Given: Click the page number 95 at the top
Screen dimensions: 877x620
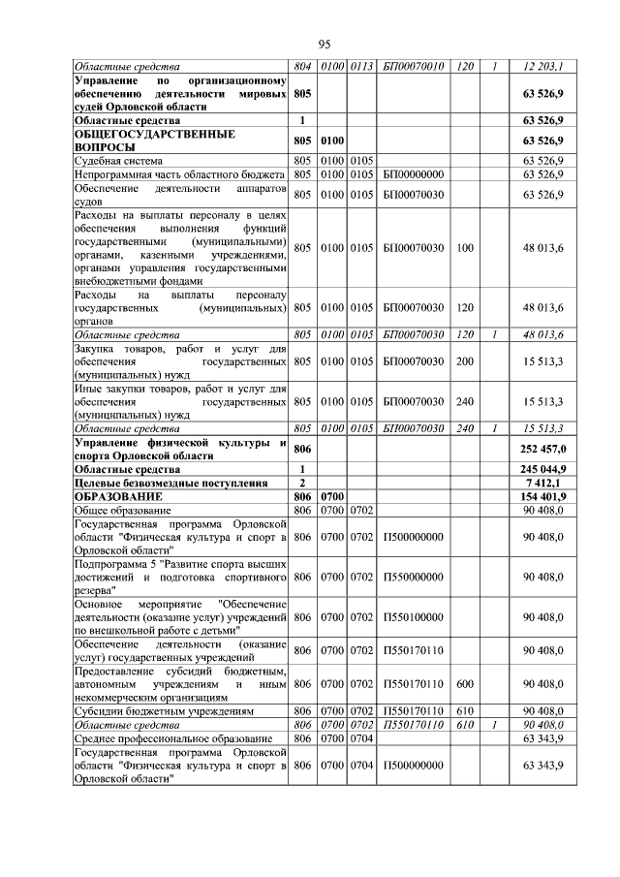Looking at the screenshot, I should pyautogui.click(x=325, y=43).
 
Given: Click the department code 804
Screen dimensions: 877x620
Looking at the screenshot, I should pyautogui.click(x=302, y=66).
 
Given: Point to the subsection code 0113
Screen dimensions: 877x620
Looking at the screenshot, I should pyautogui.click(x=361, y=66).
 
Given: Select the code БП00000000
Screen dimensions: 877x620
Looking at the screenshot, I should pyautogui.click(x=413, y=174).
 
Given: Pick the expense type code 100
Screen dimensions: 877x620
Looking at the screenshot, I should pyautogui.click(x=465, y=248).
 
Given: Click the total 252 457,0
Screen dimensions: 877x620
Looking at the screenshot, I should pyautogui.click(x=544, y=450).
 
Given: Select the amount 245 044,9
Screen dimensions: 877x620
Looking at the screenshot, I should pyautogui.click(x=544, y=468).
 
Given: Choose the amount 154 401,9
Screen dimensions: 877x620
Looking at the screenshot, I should pyautogui.click(x=544, y=496).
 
